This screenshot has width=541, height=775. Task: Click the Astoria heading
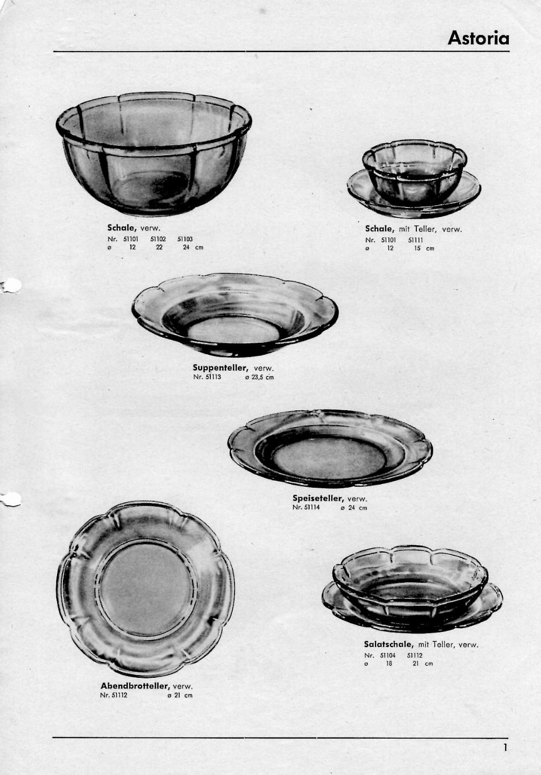coord(478,37)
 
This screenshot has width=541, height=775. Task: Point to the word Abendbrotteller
coord(135,686)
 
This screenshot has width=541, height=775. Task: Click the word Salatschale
coord(389,644)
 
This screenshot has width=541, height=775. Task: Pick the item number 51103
coord(185,239)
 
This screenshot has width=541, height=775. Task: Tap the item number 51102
coord(158,239)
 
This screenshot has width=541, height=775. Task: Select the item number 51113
coord(213,377)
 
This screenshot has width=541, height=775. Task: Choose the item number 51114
coord(313,507)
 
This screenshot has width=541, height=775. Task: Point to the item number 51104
coord(388,655)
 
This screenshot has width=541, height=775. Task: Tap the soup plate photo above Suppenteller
coord(235,315)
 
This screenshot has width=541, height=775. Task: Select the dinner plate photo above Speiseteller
coord(330,449)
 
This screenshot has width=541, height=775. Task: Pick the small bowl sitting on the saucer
coord(415,172)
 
